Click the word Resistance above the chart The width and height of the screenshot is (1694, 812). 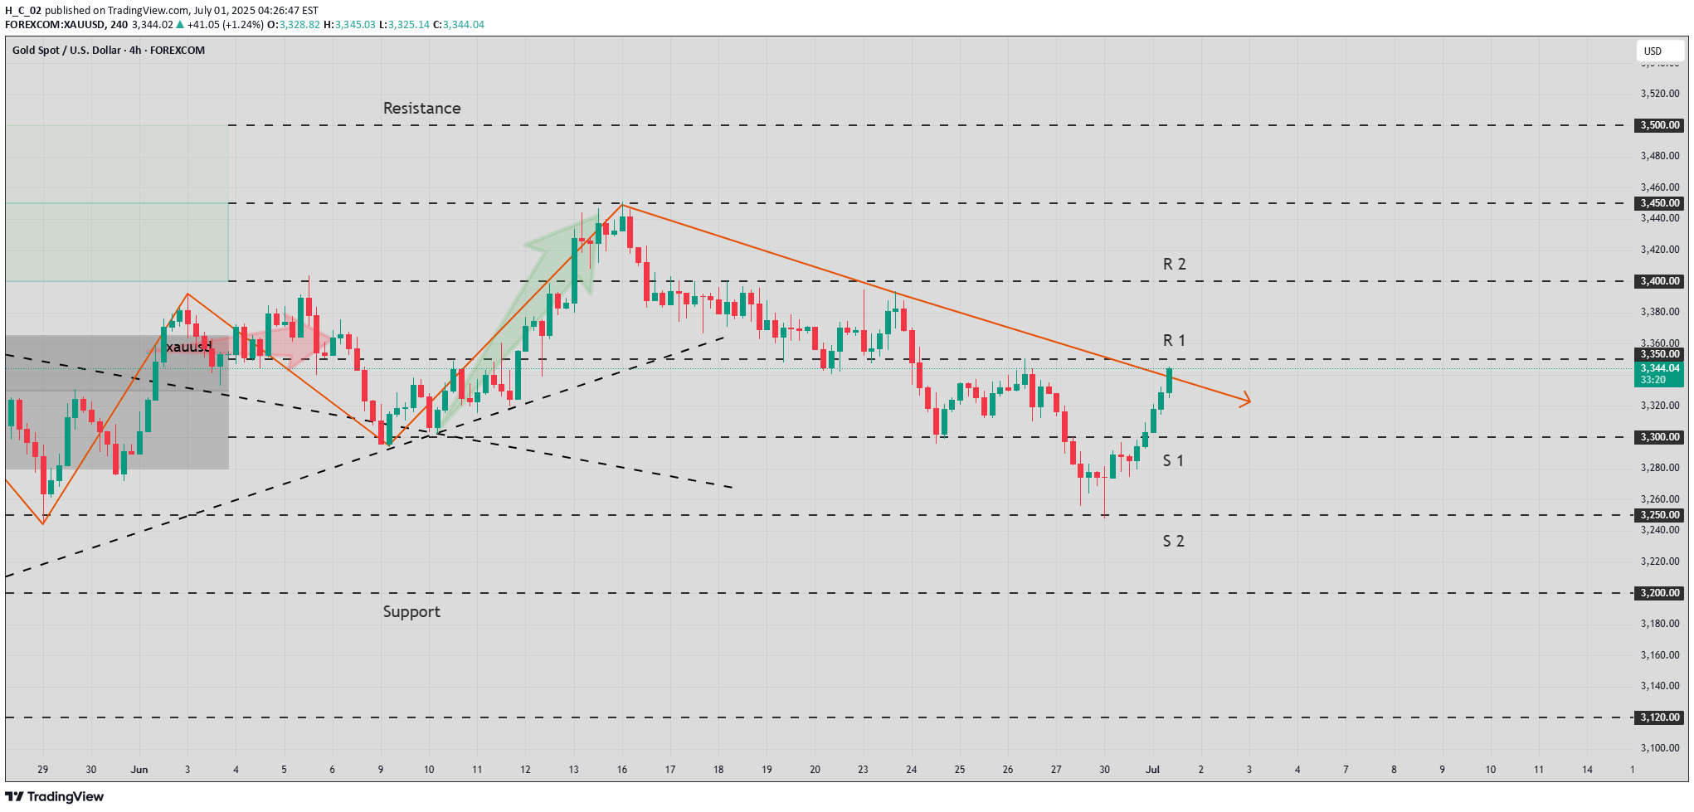click(421, 109)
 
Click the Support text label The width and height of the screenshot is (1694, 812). click(411, 612)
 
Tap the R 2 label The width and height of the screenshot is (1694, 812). click(1174, 265)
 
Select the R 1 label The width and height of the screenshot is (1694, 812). click(1174, 341)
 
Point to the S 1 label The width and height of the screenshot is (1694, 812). click(1173, 461)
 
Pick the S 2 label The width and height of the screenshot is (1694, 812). click(1173, 542)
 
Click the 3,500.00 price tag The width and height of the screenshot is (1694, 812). click(1659, 125)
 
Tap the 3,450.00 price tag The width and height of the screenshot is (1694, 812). click(1659, 203)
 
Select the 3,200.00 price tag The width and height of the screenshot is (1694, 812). click(1659, 593)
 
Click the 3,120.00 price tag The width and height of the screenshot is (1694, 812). click(1659, 717)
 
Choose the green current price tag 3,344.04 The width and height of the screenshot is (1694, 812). click(1659, 368)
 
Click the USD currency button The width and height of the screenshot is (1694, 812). click(1653, 51)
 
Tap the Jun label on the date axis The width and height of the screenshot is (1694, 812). click(139, 770)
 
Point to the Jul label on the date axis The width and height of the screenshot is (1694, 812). click(1152, 770)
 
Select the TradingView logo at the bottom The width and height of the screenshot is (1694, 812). click(55, 797)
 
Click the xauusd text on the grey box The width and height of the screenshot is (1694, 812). click(188, 347)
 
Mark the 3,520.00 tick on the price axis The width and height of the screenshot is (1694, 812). click(1659, 94)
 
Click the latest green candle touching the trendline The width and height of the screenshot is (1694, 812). click(1170, 381)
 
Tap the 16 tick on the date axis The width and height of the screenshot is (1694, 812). click(622, 770)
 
